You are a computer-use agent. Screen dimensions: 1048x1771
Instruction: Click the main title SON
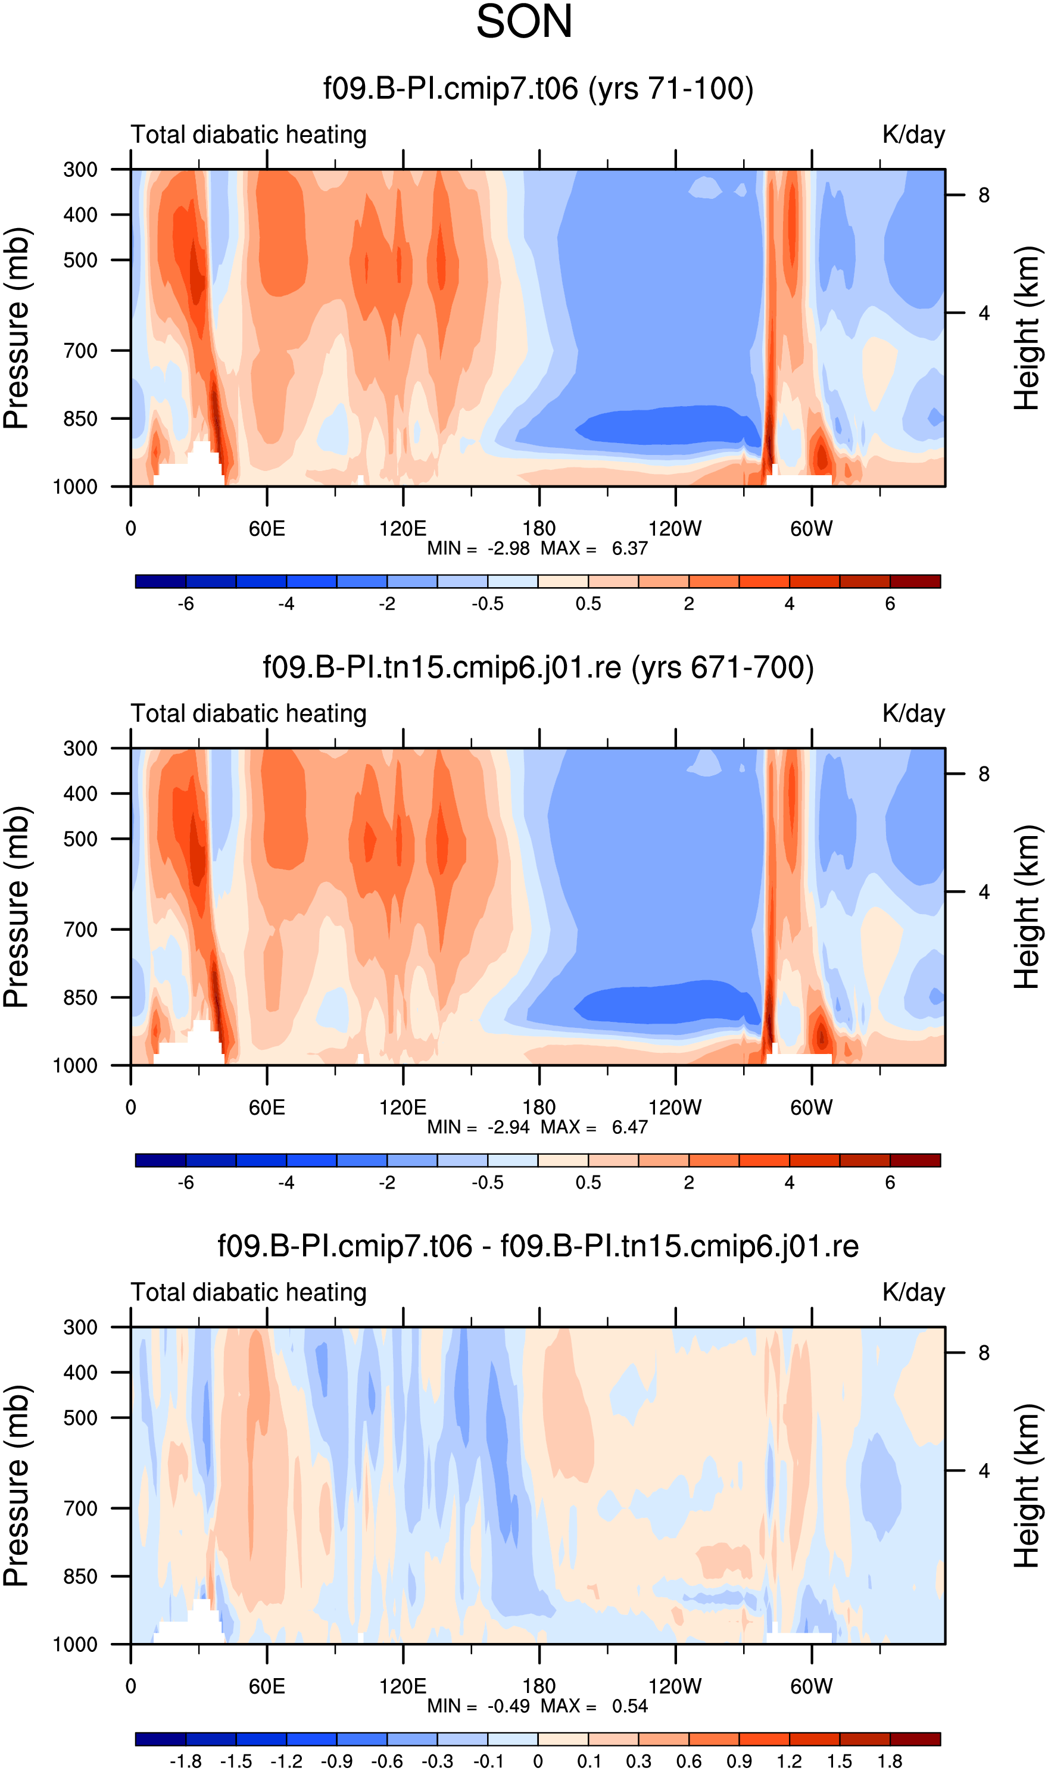click(524, 21)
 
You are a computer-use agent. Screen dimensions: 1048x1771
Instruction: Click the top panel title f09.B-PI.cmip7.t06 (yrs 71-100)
click(538, 89)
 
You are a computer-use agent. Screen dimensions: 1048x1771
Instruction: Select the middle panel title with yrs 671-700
click(538, 668)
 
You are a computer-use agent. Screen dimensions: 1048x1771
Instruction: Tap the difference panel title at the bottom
click(538, 1246)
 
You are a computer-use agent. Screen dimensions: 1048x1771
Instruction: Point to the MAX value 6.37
click(629, 548)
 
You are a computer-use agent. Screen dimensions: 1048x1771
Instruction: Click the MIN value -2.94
click(509, 1127)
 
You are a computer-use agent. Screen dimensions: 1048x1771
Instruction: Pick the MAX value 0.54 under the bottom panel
click(629, 1706)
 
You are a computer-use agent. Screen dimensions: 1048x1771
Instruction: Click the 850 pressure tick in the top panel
click(80, 419)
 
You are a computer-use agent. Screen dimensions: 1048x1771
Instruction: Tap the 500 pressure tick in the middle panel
click(80, 839)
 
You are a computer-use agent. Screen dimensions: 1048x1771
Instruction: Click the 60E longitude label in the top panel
click(267, 528)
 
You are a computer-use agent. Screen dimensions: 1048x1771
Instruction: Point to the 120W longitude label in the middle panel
click(675, 1107)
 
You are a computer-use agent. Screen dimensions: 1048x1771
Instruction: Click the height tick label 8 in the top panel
click(984, 195)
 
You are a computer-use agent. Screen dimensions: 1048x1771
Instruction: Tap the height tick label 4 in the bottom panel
click(984, 1471)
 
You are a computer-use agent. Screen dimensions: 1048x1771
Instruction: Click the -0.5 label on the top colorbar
click(487, 604)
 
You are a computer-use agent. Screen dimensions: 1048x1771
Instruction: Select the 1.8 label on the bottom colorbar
click(890, 1761)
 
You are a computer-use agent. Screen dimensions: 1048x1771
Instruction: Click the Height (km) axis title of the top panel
click(1028, 328)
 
